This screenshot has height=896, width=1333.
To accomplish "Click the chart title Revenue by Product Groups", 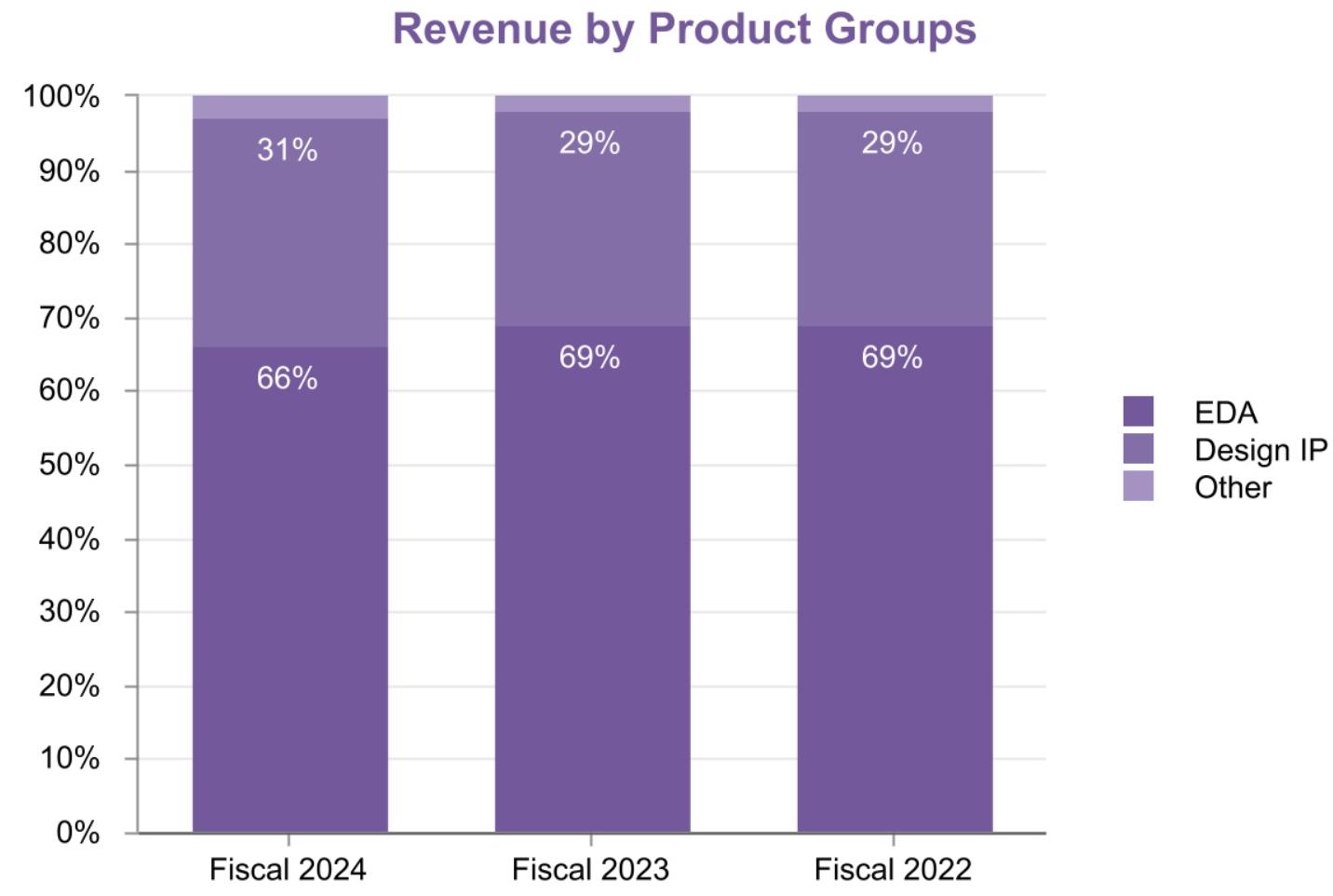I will (684, 29).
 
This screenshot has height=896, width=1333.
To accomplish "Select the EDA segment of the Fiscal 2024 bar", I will (289, 596).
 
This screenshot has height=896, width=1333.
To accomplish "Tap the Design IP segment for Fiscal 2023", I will (592, 233).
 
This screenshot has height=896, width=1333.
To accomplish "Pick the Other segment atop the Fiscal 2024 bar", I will (289, 106).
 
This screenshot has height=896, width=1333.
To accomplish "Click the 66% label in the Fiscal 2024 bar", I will (287, 378).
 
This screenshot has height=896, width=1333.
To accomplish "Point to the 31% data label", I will (287, 150).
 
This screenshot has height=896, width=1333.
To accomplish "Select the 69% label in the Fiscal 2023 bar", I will (589, 357).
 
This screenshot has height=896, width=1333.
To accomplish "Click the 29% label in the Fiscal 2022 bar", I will (892, 143).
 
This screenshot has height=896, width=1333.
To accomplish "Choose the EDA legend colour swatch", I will (1138, 412).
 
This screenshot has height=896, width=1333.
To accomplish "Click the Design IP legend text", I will (1260, 450).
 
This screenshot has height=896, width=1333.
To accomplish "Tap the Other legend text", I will (1232, 487).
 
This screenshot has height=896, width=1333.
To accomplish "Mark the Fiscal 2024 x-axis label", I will (288, 869).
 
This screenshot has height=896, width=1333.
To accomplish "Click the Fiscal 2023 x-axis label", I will (590, 869).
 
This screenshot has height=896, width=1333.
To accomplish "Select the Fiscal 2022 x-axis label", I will (893, 869).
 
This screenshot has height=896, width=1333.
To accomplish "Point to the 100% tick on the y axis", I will (61, 96).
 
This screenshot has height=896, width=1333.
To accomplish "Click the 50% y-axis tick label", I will (69, 464).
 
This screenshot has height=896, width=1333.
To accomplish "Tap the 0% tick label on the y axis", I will (77, 832).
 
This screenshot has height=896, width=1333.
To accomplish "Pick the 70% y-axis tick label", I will (69, 318).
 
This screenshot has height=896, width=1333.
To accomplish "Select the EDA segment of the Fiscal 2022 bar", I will (895, 596).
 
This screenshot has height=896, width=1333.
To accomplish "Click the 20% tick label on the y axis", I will (69, 686).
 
